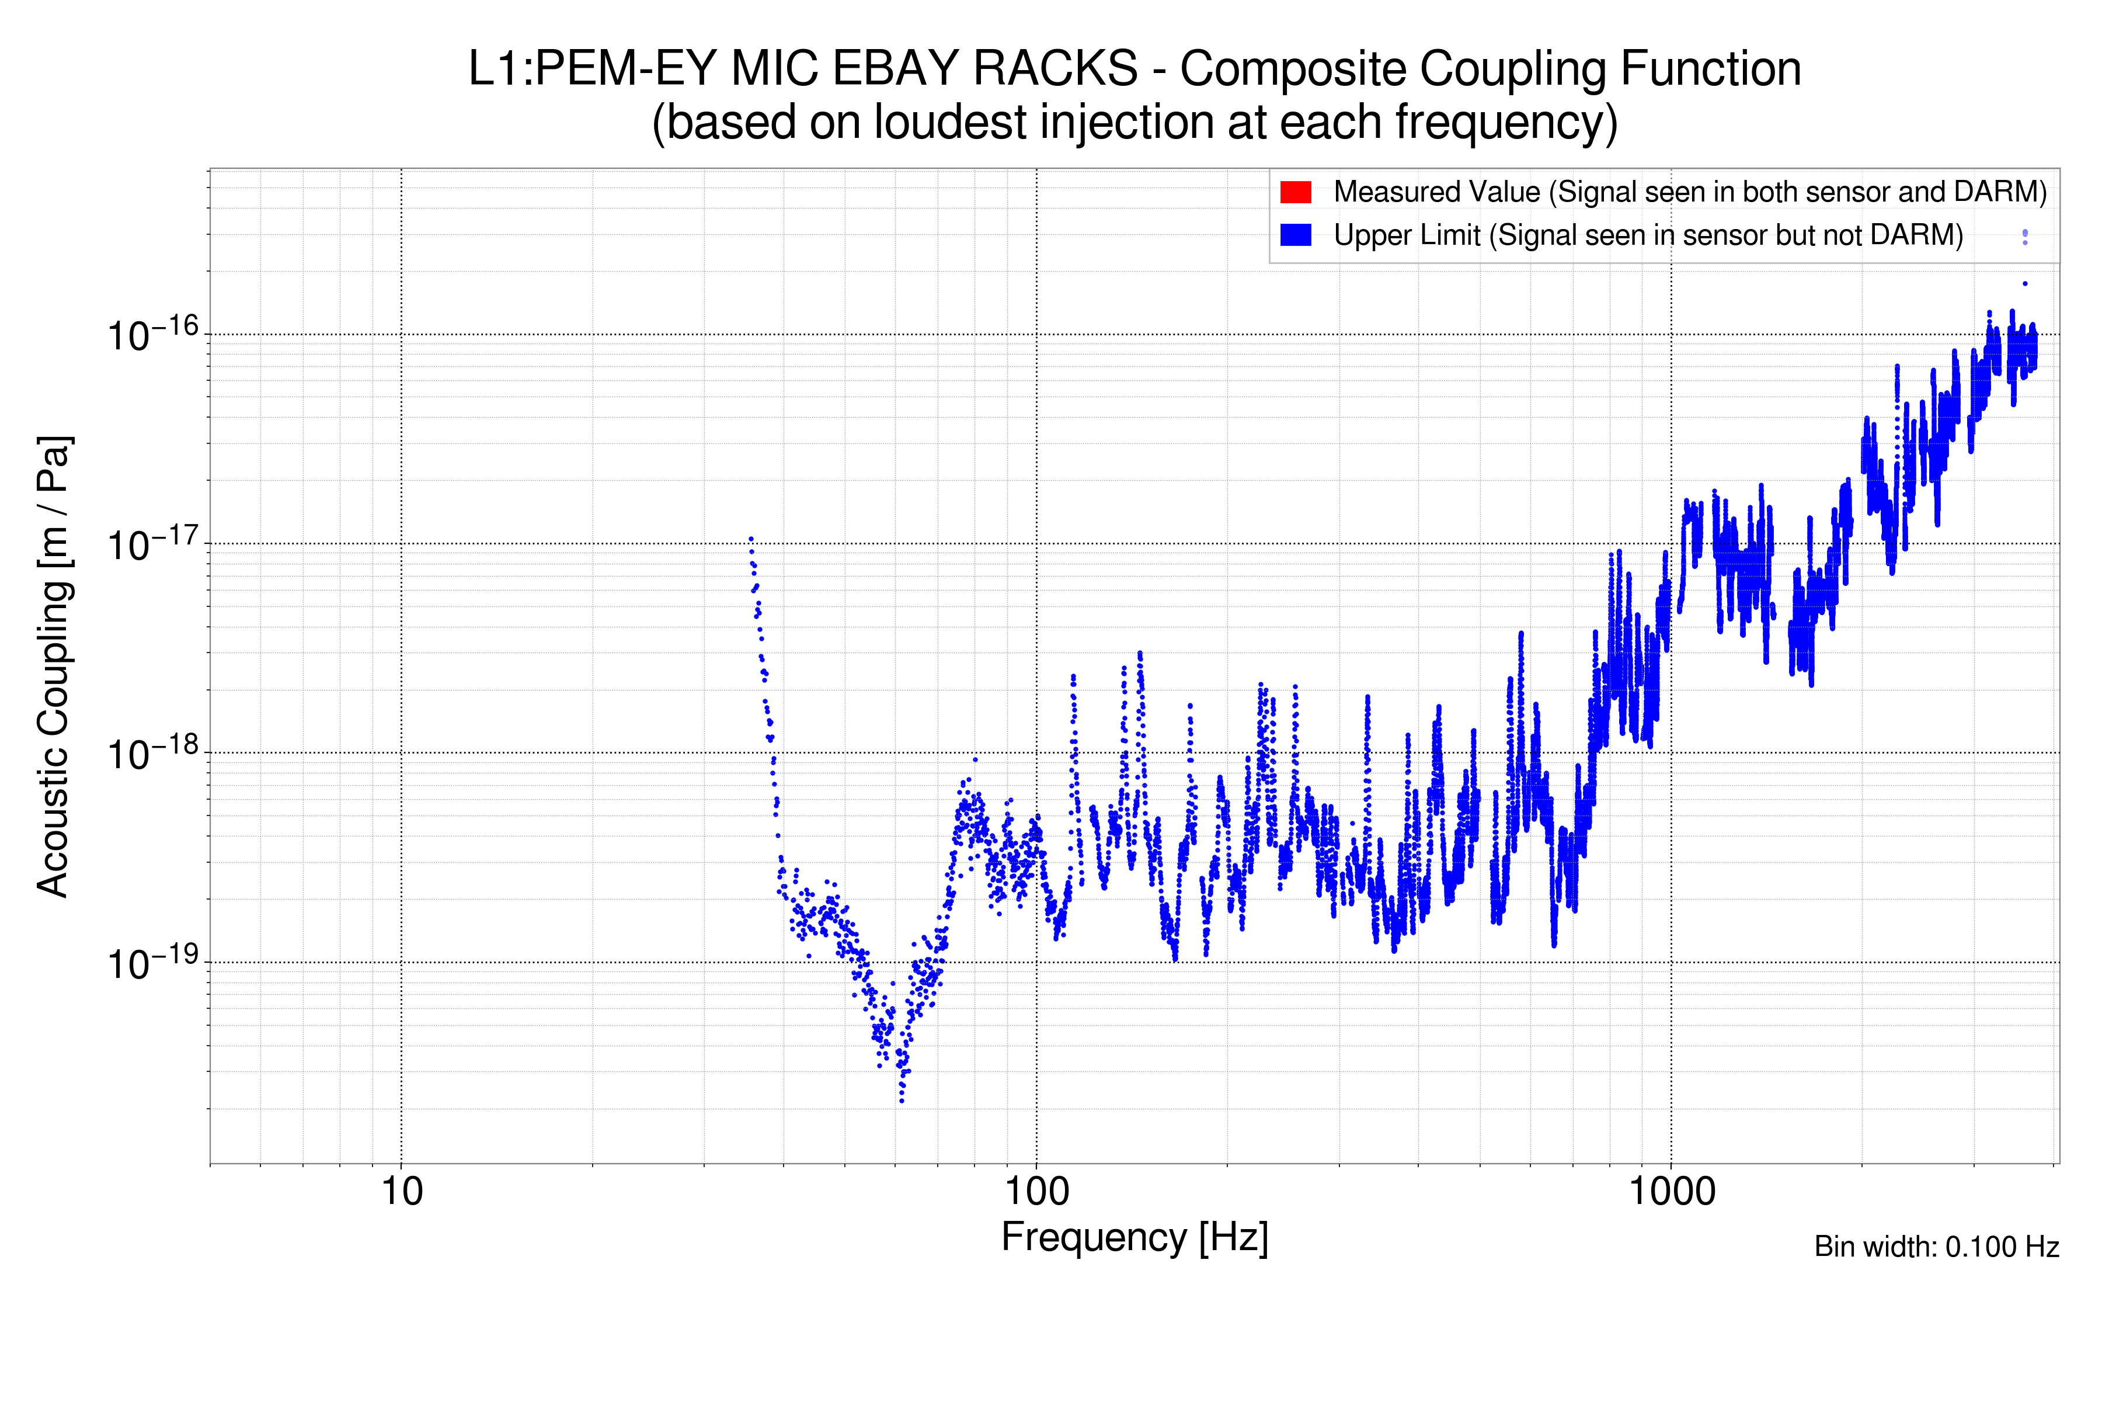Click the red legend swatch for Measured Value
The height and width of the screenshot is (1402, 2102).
pos(1295,192)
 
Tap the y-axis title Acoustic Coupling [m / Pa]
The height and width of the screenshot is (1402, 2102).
pos(54,666)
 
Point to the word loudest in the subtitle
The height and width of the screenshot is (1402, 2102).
pos(950,123)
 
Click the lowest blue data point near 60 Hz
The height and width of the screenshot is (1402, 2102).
pos(902,1101)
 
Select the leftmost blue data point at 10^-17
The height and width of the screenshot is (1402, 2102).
pos(751,539)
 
